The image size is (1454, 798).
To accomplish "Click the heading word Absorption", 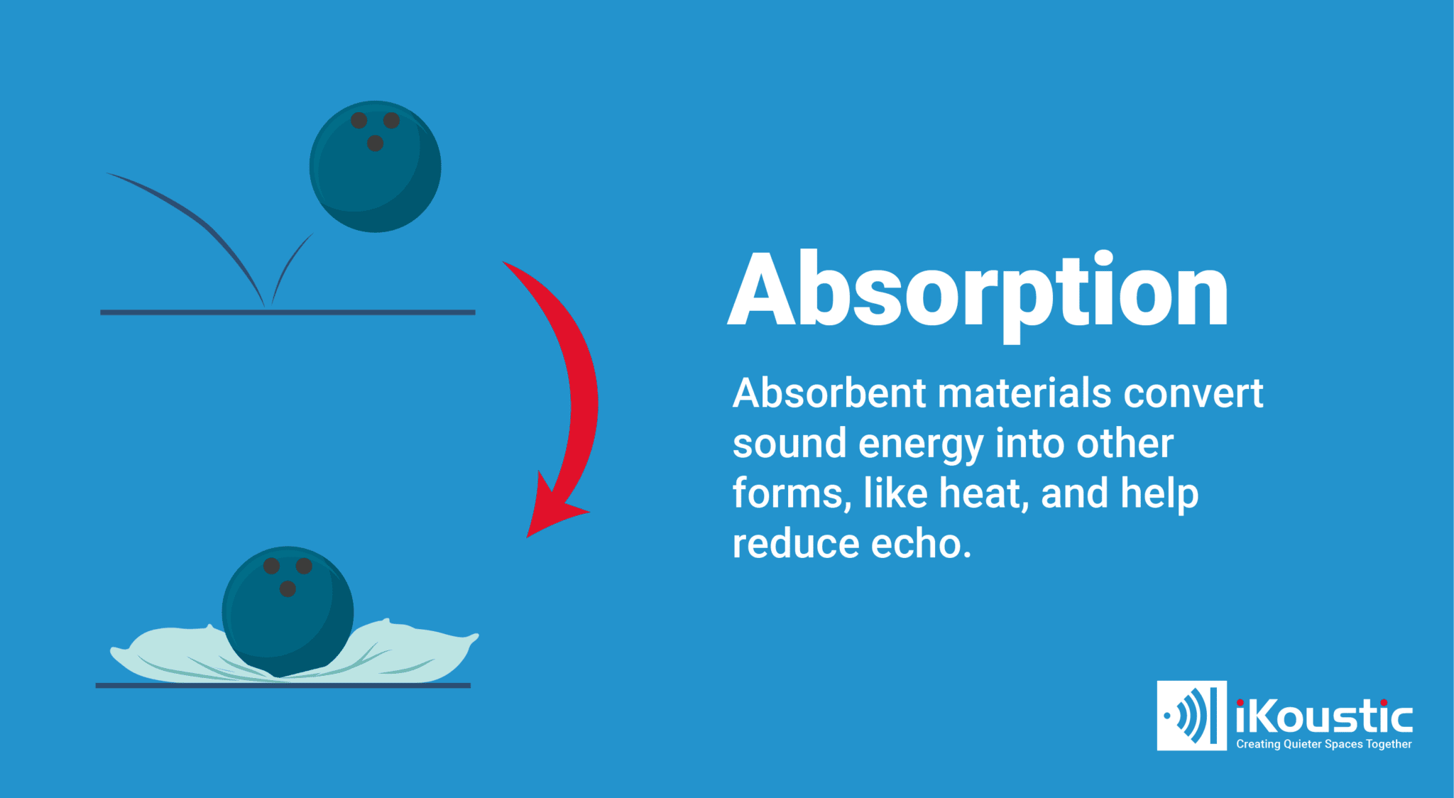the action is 978,292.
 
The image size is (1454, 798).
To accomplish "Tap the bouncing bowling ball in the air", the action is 375,166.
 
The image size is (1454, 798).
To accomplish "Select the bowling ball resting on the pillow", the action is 288,611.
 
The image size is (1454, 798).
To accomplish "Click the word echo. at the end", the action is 921,544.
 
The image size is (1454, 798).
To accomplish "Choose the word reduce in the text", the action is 796,544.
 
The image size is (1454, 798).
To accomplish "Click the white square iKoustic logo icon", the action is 1191,716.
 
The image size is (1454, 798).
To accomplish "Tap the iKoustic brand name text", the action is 1324,716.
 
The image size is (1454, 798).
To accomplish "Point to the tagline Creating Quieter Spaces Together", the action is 1324,744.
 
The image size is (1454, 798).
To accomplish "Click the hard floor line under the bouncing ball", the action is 288,312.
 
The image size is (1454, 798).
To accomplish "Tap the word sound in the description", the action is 789,444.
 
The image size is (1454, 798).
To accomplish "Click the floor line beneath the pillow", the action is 283,686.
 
